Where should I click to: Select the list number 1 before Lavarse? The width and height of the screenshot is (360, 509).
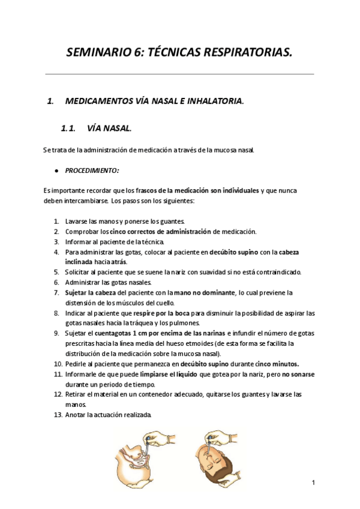tap(56, 221)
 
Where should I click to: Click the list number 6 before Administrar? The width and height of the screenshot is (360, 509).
tap(56, 282)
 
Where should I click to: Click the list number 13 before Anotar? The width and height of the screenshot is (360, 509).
tap(58, 415)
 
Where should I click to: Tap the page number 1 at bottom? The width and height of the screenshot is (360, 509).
tap(313, 482)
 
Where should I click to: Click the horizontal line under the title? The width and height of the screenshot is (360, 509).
tap(180, 74)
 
